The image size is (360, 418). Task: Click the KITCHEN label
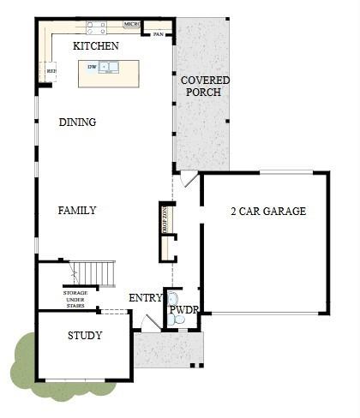[x=95, y=45]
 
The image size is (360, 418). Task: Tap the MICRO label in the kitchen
[x=132, y=25]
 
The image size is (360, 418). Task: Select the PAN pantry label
[x=158, y=34]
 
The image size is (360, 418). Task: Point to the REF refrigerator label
[x=51, y=71]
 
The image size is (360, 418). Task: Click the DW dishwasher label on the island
[x=92, y=66]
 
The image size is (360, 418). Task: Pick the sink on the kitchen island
[x=109, y=67]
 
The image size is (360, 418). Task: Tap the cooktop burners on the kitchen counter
[x=95, y=25]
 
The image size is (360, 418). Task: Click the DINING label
[x=77, y=122]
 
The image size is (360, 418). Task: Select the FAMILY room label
[x=76, y=211]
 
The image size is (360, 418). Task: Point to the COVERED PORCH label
[x=205, y=86]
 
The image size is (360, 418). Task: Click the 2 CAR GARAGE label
[x=267, y=212]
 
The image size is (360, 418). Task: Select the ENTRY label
[x=146, y=298]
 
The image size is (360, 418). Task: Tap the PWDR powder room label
[x=183, y=310]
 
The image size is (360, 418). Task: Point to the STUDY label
[x=85, y=336]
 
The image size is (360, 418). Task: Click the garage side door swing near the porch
[x=188, y=180]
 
